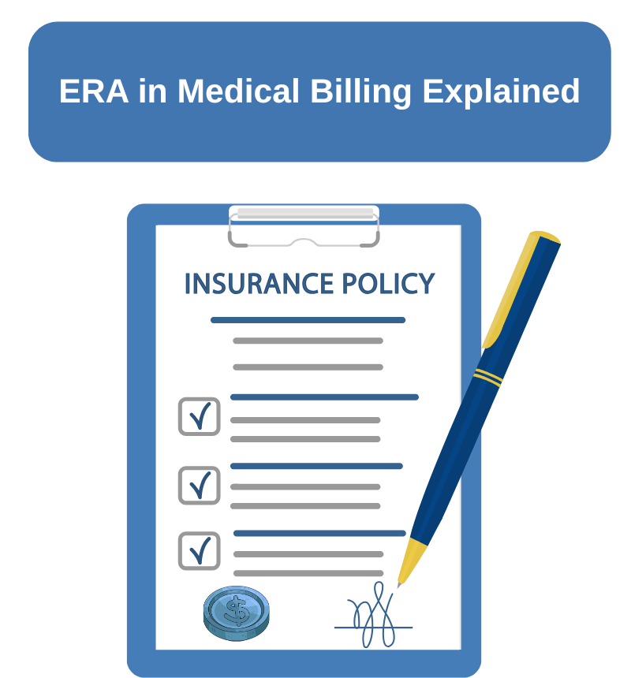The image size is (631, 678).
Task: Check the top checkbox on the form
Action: [x=199, y=416]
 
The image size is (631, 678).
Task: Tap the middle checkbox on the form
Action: [x=199, y=485]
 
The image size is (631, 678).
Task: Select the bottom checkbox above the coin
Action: [x=199, y=550]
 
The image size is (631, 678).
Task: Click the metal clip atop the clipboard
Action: [x=304, y=225]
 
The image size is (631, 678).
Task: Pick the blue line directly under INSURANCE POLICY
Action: [x=308, y=320]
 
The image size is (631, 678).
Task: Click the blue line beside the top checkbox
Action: [x=323, y=397]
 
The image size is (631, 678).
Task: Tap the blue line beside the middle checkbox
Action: [x=315, y=466]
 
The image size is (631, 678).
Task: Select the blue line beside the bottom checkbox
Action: [x=319, y=534]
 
